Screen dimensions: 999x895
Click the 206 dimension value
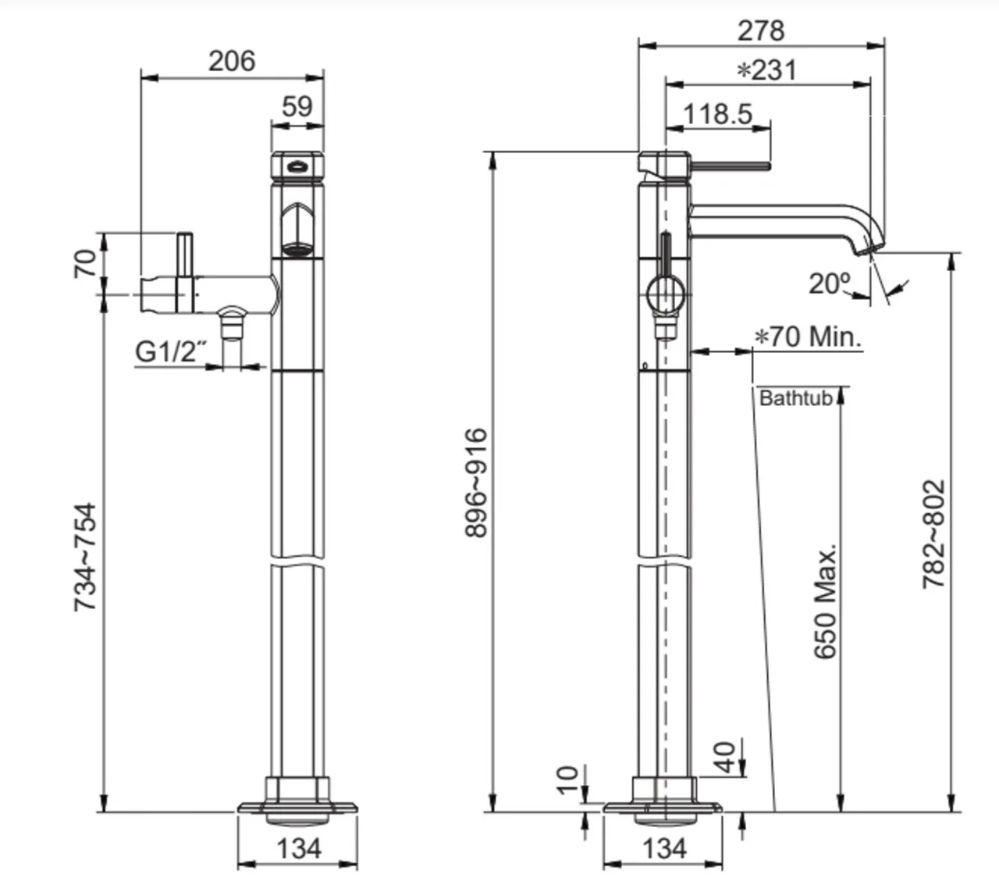pos(232,62)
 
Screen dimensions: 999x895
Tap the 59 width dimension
pos(297,106)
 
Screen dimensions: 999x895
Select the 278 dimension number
pos(761,30)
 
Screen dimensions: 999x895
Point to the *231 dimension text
pos(766,70)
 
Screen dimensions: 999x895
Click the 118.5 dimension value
pos(718,114)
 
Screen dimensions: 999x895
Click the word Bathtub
pos(796,398)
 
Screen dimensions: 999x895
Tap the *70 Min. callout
pos(808,337)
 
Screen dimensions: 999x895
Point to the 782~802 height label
pos(933,534)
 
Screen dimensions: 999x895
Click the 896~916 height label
pos(476,483)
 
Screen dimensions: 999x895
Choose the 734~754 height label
pos(85,558)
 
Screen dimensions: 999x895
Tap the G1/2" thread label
pos(170,352)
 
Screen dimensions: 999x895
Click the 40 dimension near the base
pos(724,758)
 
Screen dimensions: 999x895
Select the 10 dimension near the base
pos(567,780)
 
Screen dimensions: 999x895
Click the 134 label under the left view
pos(299,849)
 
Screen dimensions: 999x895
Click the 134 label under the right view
pos(665,849)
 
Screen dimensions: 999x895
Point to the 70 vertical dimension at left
pos(85,264)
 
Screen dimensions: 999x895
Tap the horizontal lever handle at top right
pos(731,166)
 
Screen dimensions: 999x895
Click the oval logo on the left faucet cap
pos(297,167)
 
